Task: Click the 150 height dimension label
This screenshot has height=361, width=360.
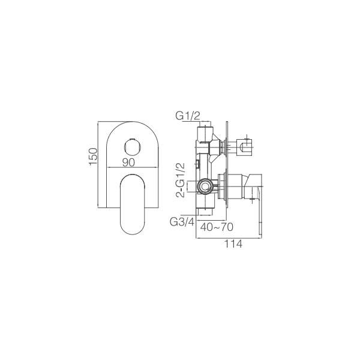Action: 94,157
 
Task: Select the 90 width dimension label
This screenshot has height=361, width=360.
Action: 128,163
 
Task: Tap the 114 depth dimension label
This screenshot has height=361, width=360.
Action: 233,244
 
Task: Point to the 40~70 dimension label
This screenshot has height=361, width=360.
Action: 217,227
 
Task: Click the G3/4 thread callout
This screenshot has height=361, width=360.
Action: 182,222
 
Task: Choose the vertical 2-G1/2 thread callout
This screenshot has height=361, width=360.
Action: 181,180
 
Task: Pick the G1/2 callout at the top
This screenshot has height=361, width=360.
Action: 188,116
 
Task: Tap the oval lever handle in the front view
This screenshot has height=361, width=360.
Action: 133,204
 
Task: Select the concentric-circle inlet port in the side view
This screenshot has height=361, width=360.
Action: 204,186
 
